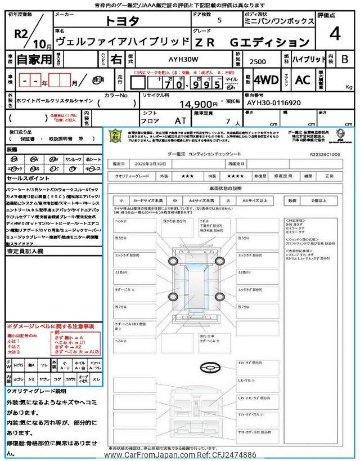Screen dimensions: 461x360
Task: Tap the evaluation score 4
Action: click(335, 34)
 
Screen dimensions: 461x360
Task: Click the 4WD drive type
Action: click(266, 79)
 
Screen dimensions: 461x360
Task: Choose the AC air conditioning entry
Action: click(303, 79)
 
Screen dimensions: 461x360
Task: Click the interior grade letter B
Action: click(345, 59)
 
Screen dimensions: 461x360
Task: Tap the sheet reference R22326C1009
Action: click(325, 153)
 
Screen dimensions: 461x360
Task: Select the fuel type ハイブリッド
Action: click(309, 59)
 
